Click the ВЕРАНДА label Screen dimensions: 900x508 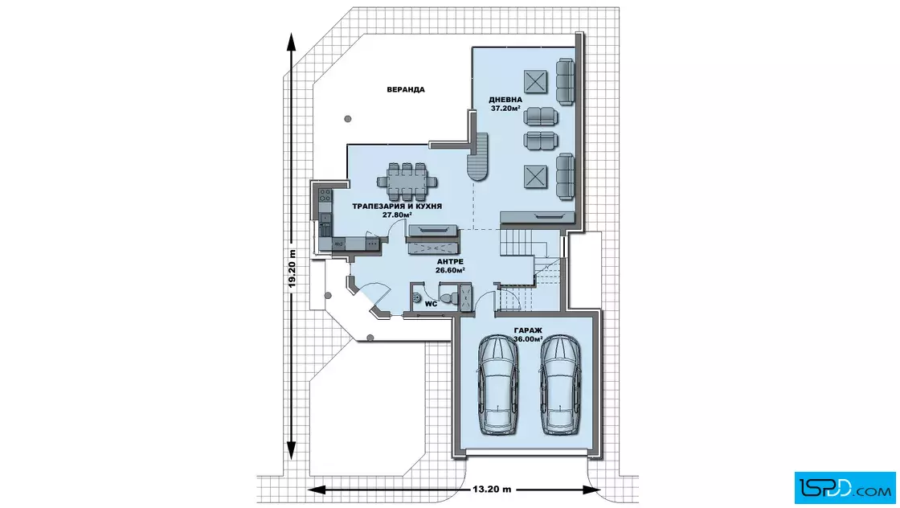tap(405, 89)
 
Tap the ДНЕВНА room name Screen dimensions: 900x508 tap(505, 100)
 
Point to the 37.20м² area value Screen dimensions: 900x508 tap(505, 108)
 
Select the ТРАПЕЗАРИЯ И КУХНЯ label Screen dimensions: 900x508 tap(397, 206)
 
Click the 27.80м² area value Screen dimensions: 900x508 tap(397, 215)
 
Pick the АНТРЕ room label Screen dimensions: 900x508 tap(450, 262)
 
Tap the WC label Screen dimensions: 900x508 tap(431, 304)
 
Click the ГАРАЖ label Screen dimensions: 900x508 tap(528, 330)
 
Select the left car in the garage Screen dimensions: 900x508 tap(498, 384)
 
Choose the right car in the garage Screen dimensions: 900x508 tap(560, 384)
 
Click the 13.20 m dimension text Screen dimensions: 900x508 tap(492, 490)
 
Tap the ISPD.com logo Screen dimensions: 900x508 tap(845, 487)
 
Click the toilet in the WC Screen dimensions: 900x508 tap(451, 297)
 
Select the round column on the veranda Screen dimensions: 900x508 tap(348, 120)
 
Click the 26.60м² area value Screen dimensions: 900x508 tap(450, 270)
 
